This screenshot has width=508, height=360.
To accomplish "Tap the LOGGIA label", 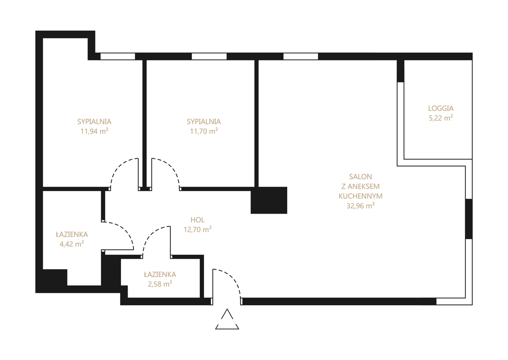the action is click(441, 108).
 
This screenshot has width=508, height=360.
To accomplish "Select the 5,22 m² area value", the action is click(441, 118).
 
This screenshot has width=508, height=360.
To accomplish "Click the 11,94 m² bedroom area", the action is click(94, 131).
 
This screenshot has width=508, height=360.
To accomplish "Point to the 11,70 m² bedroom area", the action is click(204, 131).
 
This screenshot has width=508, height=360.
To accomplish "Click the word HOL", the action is click(197, 220).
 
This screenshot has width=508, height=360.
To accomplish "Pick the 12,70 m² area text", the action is click(197, 229).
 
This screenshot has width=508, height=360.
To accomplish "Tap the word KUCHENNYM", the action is click(361, 196).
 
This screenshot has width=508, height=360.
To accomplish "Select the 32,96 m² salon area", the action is click(361, 206).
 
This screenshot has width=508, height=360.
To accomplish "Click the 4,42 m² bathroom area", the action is click(71, 244).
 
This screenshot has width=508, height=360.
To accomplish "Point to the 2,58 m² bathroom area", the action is click(160, 284).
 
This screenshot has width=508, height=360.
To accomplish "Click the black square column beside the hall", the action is click(269, 200).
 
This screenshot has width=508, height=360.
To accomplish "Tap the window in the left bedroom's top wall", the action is click(118, 57).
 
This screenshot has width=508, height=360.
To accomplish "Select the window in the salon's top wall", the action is click(301, 57).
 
